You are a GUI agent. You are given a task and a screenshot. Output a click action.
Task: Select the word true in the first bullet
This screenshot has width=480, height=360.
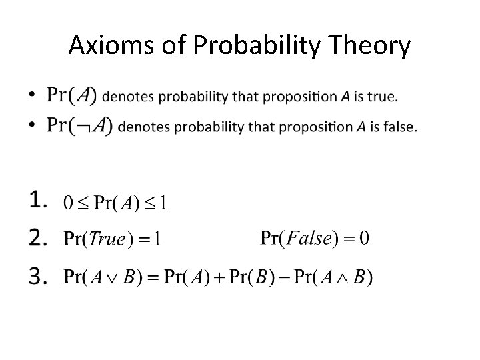coord(385,97)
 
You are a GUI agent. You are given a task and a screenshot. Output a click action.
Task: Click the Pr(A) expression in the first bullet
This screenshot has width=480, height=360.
coord(71,95)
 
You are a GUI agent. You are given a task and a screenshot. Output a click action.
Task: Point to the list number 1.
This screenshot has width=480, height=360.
coord(39,199)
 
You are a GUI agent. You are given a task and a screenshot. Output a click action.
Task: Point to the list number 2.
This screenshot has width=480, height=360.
coord(39,237)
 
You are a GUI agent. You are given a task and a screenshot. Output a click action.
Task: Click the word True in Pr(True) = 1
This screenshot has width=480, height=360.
coord(107,239)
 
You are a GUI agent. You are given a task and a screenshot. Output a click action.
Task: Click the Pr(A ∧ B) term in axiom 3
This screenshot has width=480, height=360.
coord(340,276)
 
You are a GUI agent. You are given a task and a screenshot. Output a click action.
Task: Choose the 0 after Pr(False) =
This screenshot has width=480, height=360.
coord(363,238)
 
